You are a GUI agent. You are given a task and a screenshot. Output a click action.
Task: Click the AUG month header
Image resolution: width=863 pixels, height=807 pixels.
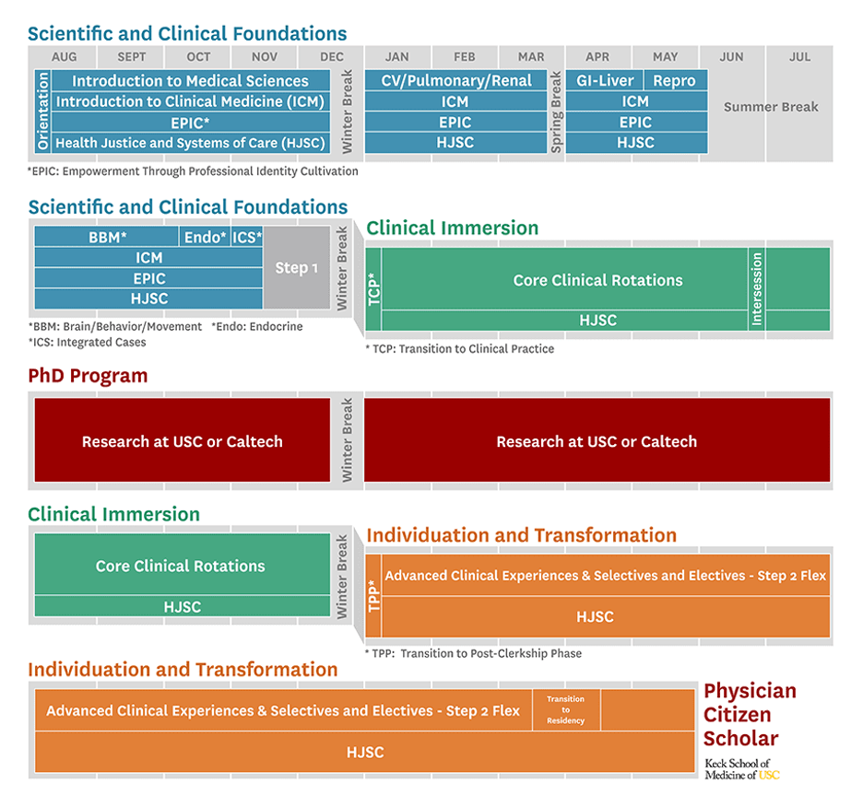65,57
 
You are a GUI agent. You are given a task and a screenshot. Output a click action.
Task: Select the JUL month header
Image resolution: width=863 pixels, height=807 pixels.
799,57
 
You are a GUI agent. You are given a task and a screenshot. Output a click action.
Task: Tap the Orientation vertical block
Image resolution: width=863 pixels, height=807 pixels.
42,111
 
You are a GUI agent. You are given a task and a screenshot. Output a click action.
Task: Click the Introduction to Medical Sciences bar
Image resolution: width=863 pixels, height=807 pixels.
190,81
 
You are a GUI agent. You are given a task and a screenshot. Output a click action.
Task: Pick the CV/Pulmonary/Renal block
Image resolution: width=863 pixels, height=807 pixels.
456,81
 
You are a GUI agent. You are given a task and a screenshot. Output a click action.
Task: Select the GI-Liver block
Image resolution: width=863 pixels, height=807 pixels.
604,81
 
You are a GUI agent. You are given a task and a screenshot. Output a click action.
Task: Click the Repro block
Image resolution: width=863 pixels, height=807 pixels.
674,81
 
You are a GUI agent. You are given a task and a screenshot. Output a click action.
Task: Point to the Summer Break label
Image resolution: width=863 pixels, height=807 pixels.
771,107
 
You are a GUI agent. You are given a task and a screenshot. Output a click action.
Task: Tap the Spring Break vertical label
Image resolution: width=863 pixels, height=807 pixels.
556,111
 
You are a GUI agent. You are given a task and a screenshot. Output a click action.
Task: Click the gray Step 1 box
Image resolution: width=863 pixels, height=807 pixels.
297,267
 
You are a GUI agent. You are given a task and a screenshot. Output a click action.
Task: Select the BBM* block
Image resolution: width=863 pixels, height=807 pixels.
107,238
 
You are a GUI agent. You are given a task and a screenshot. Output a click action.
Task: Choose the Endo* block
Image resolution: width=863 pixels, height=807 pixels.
205,238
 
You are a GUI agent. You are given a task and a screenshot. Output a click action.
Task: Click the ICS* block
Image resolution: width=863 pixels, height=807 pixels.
246,238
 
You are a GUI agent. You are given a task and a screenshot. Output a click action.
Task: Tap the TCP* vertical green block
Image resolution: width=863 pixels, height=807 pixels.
373,288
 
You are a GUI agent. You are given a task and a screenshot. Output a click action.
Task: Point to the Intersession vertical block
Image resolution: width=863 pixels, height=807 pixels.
756,288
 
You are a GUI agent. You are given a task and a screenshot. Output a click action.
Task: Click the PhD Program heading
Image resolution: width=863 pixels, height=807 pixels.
88,376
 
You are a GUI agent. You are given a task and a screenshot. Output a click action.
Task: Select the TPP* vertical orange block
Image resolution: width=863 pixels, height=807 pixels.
373,595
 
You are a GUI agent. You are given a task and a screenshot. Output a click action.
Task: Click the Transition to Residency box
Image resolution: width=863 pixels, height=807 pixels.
565,710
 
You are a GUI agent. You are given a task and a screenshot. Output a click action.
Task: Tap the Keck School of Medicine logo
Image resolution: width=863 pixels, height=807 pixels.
741,769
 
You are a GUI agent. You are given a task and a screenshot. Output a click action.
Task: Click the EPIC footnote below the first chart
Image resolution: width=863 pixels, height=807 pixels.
193,171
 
